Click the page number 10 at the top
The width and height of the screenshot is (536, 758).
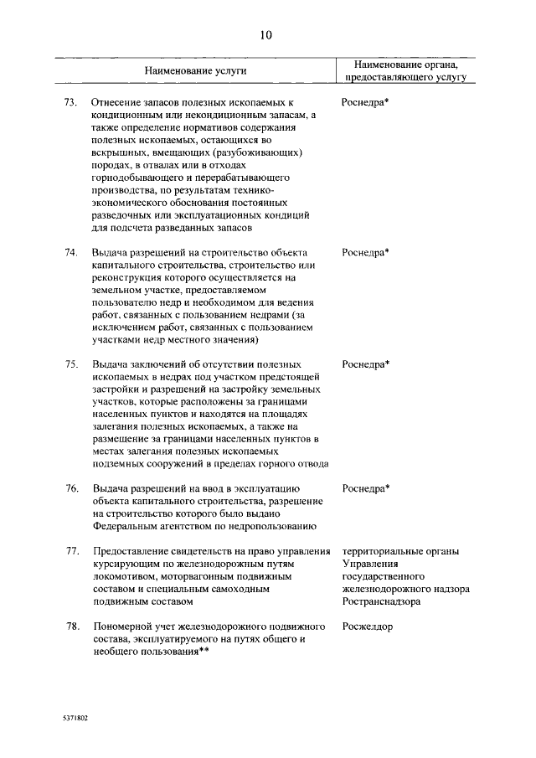pos(266,35)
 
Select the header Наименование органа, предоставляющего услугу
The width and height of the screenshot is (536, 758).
pos(405,70)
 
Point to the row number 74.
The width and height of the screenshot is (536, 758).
pos(71,252)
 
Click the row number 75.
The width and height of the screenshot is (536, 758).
pos(71,365)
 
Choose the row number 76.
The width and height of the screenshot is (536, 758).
pos(71,489)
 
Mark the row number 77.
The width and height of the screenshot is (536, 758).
pos(71,552)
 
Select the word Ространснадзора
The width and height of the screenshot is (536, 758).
pos(381,602)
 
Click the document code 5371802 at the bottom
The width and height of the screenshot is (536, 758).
pos(75,719)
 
